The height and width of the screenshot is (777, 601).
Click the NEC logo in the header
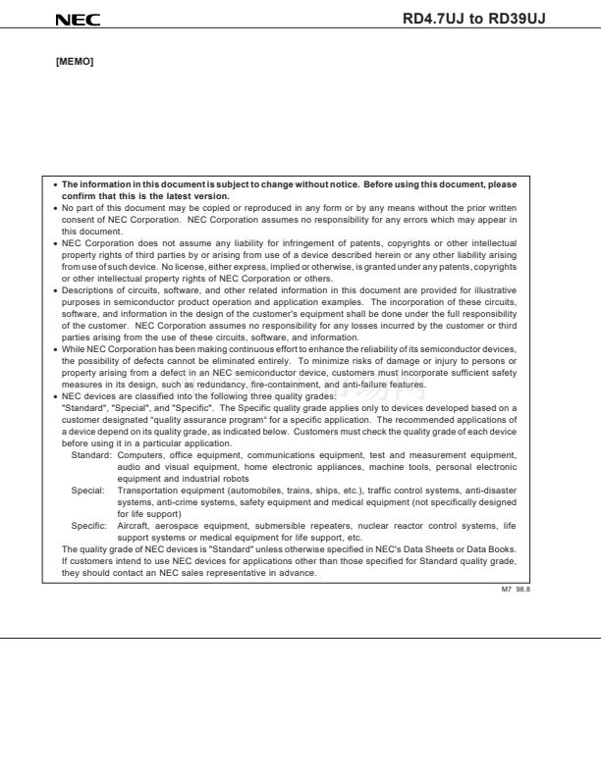(78, 20)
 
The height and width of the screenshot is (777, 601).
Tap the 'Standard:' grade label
(91, 455)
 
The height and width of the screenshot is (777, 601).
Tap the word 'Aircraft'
(134, 525)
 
